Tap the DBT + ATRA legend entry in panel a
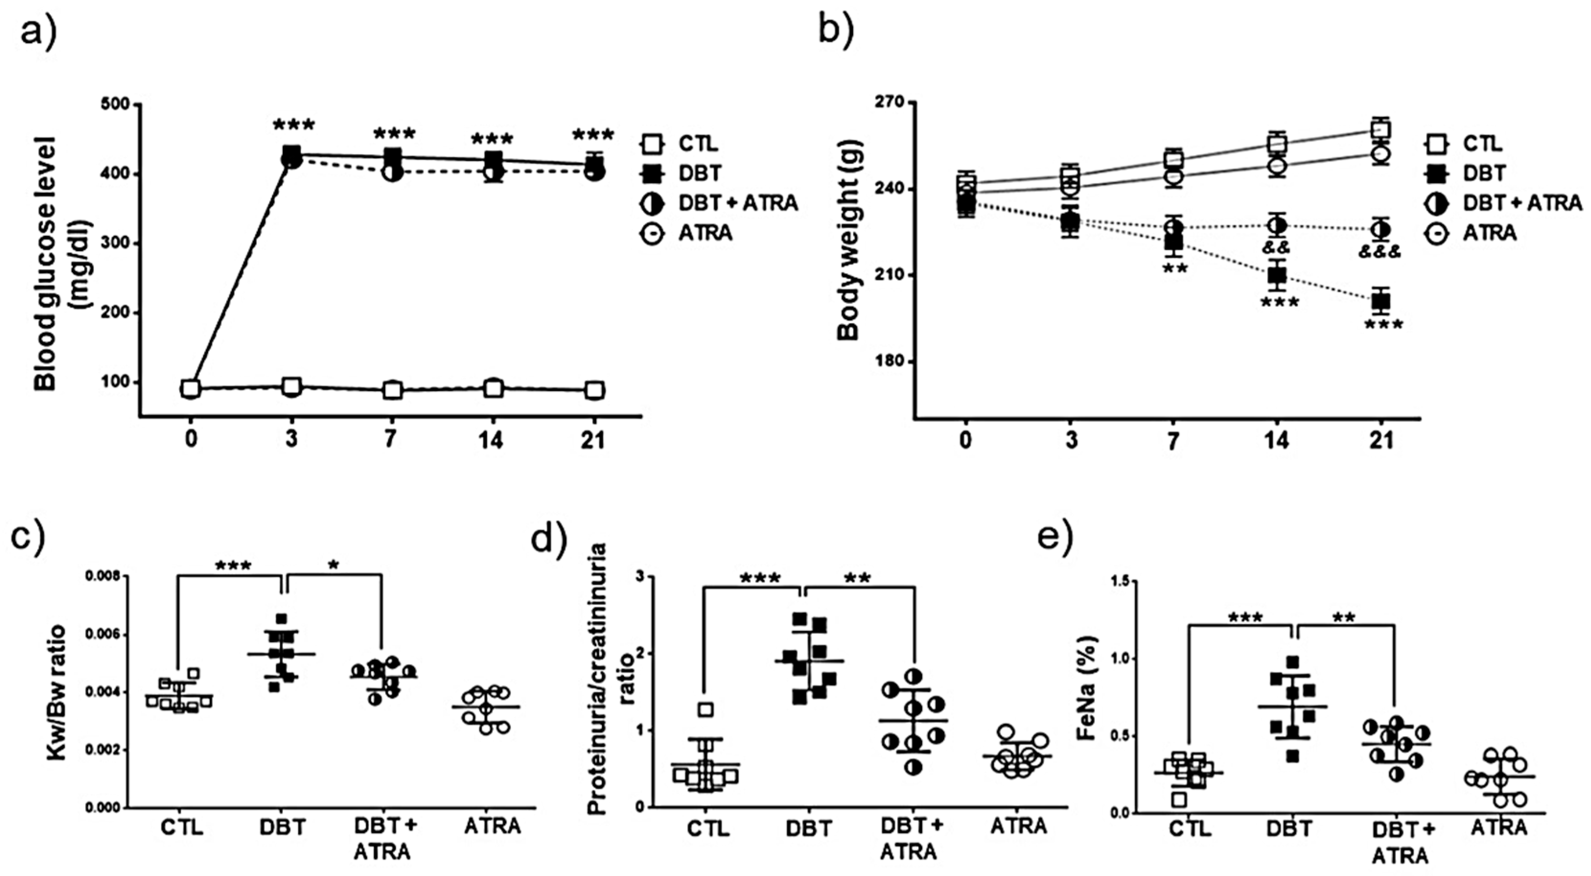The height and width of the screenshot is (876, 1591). click(x=738, y=203)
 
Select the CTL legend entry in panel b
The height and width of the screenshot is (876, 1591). click(x=1482, y=144)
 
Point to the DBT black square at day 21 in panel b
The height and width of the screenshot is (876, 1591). click(x=1381, y=301)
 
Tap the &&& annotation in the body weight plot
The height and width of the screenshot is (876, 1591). click(x=1380, y=252)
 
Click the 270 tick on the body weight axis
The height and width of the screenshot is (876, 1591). click(x=890, y=102)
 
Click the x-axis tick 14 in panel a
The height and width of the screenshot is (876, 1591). click(x=492, y=440)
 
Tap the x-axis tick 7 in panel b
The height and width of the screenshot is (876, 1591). click(x=1172, y=440)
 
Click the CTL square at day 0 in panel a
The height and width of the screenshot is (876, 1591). click(x=191, y=388)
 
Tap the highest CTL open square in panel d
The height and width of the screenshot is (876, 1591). click(x=705, y=710)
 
